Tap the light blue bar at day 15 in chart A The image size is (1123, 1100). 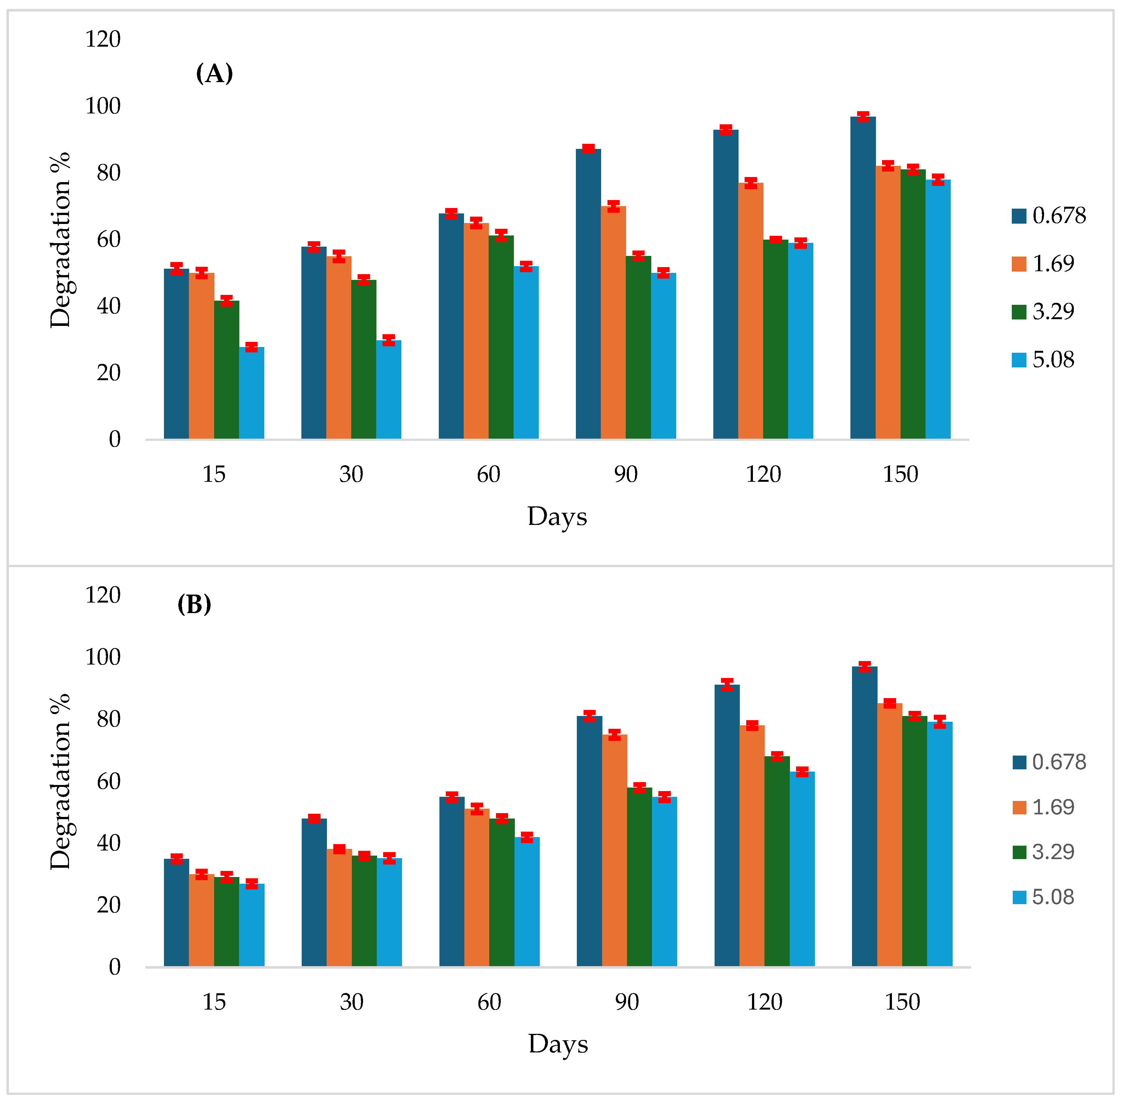[252, 393]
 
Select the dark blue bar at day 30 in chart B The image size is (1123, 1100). [314, 893]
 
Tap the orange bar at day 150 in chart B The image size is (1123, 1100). [889, 835]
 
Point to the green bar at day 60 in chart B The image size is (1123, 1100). [502, 893]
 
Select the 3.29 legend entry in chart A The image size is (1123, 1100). [1043, 312]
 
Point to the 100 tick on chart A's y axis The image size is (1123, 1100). [103, 106]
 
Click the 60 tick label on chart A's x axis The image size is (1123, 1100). [488, 474]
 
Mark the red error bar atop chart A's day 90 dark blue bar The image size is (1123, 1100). [588, 149]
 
